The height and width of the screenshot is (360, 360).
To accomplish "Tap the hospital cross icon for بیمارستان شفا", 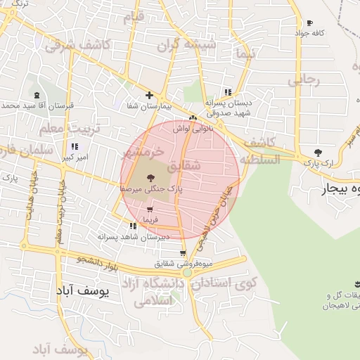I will (148, 95).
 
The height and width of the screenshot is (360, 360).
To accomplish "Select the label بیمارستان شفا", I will (148, 106).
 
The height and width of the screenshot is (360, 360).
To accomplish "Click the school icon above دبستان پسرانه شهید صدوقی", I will (226, 92).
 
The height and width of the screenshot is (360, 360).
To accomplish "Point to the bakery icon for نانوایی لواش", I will (193, 118).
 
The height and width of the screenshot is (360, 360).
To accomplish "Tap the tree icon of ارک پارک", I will (317, 152).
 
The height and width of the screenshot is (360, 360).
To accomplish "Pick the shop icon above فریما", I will (150, 209).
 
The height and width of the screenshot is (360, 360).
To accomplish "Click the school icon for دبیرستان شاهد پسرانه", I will (133, 226).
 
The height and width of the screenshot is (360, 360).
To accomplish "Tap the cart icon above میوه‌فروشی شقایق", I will (183, 254).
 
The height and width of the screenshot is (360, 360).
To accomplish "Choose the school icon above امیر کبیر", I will (74, 147).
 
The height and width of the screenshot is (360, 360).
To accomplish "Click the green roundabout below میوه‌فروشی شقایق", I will (186, 273).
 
